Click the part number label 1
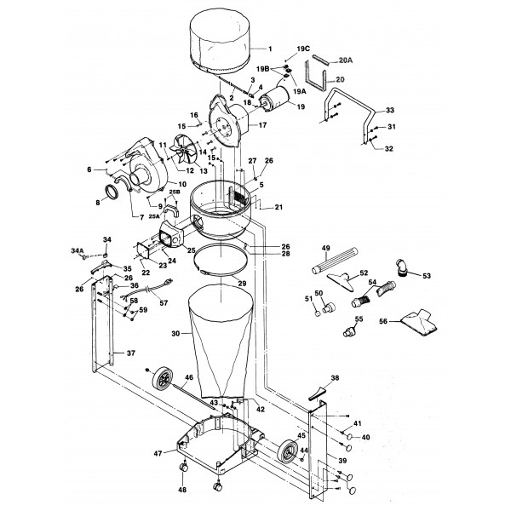pos(270,49)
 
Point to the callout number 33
pos(390,110)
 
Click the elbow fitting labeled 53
pos(402,267)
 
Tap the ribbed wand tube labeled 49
pos(335,261)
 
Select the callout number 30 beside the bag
pos(175,333)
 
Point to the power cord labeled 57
pos(146,289)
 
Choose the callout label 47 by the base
pos(158,453)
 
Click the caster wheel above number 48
pos(183,468)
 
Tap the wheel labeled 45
pos(287,451)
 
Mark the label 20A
pos(346,60)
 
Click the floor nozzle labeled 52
pos(341,280)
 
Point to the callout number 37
pos(130,353)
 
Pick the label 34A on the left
pos(78,250)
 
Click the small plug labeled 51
pos(318,313)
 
